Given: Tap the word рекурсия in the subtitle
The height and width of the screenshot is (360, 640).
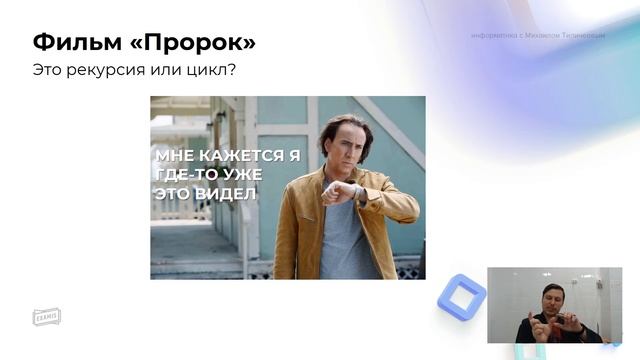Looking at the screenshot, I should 107,72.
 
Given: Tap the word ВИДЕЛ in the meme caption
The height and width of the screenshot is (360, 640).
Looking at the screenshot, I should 225,193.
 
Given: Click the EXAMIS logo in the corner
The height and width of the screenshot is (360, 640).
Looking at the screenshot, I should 46,316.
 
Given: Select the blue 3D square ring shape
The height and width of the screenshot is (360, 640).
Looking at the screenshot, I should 461,296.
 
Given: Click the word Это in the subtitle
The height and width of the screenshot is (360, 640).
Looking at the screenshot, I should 50,72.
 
